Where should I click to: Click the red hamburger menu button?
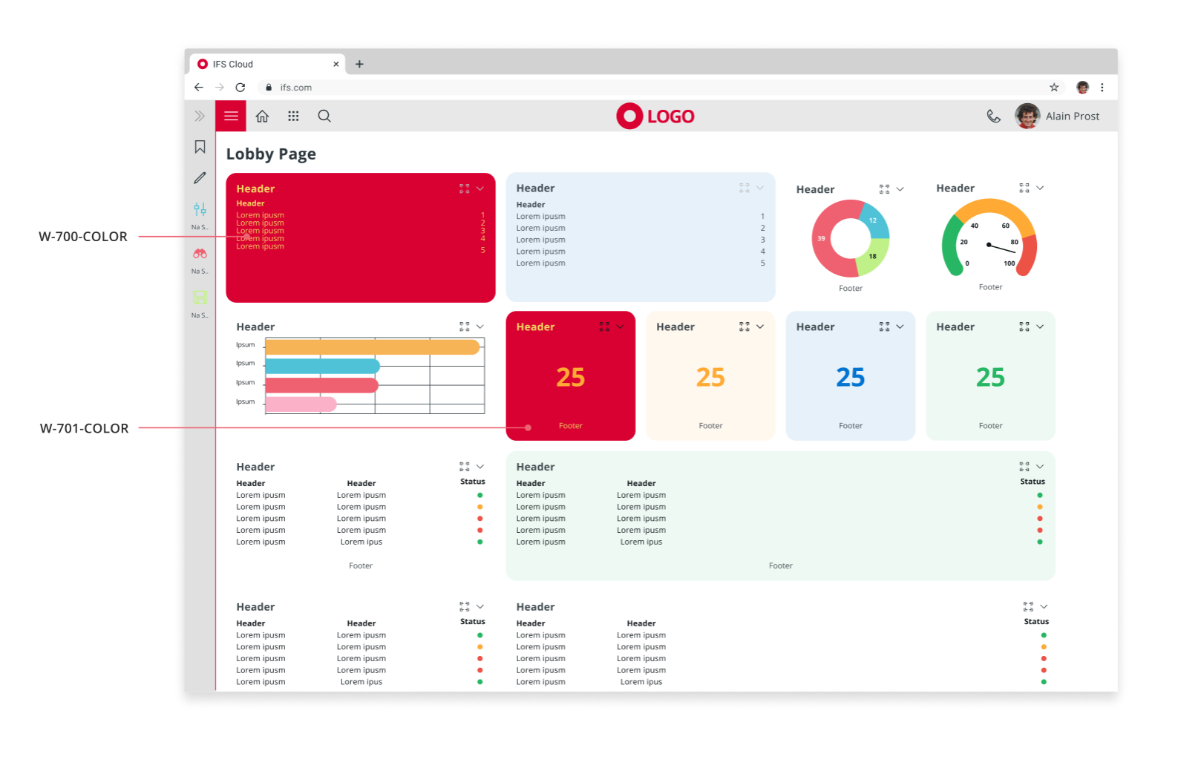click(x=231, y=117)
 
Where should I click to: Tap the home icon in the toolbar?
click(x=262, y=117)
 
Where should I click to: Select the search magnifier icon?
click(x=324, y=117)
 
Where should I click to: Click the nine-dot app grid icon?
click(x=293, y=117)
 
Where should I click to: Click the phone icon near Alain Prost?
click(x=993, y=117)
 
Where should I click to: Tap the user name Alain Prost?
click(x=1072, y=117)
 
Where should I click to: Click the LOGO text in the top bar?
click(x=670, y=117)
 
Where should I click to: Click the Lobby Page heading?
click(x=271, y=154)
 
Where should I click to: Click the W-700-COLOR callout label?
click(x=83, y=237)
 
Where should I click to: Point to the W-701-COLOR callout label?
click(x=84, y=428)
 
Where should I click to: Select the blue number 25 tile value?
click(x=850, y=378)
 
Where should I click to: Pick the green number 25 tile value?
click(x=990, y=378)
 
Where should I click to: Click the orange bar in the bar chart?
click(x=371, y=347)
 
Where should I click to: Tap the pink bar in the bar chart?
click(x=301, y=404)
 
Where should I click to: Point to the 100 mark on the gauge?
click(x=1009, y=263)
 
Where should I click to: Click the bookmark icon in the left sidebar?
click(x=200, y=147)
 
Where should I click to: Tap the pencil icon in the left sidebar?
click(x=200, y=178)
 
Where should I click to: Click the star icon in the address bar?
click(x=1054, y=88)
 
